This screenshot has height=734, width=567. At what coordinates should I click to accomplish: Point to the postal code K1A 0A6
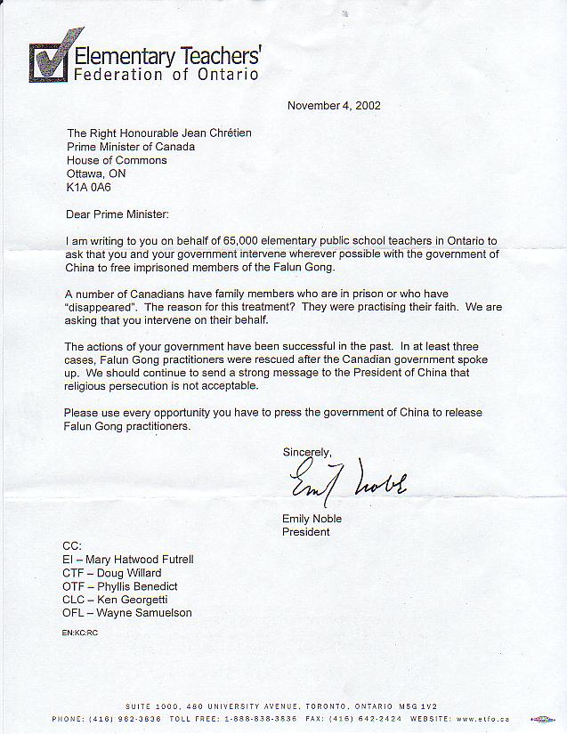[x=88, y=188]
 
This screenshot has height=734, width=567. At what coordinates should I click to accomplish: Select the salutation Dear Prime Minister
[x=117, y=214]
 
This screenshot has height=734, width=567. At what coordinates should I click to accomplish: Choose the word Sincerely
[x=307, y=452]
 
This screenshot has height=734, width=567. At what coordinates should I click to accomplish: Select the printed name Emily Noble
[x=312, y=519]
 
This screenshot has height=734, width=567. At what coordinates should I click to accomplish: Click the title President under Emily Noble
[x=305, y=532]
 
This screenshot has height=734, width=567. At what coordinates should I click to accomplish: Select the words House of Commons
[x=117, y=160]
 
